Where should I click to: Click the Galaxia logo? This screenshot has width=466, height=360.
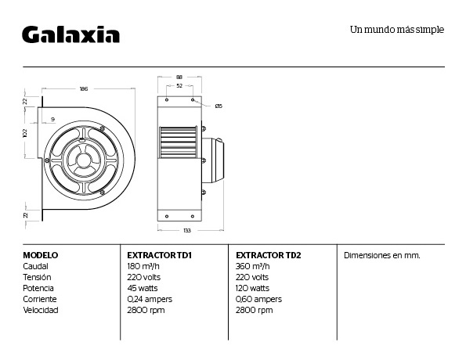click(70, 34)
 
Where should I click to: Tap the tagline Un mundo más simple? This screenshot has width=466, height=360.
click(397, 30)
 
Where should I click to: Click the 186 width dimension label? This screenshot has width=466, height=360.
click(84, 88)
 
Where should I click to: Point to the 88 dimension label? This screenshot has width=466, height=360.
click(179, 77)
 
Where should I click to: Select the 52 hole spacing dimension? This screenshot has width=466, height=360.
click(179, 85)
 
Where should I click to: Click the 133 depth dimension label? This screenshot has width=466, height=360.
click(187, 230)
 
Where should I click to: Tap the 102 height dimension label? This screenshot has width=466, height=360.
click(25, 133)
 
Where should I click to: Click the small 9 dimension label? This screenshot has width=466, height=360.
click(53, 120)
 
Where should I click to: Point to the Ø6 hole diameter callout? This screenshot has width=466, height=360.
click(219, 106)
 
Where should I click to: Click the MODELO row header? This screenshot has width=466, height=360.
click(41, 255)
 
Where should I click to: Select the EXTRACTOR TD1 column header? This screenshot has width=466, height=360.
click(159, 255)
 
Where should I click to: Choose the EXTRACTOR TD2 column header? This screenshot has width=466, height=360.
click(269, 255)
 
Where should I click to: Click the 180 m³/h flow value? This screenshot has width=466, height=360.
click(143, 266)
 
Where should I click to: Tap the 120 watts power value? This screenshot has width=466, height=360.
click(252, 288)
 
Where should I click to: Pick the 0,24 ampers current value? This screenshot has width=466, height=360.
click(150, 299)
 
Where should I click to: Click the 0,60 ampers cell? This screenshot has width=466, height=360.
click(258, 299)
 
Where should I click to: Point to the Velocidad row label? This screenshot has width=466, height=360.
click(41, 310)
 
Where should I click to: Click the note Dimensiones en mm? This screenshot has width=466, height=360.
click(382, 255)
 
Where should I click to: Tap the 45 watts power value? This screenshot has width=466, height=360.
click(143, 288)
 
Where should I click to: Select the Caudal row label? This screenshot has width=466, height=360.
click(35, 266)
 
